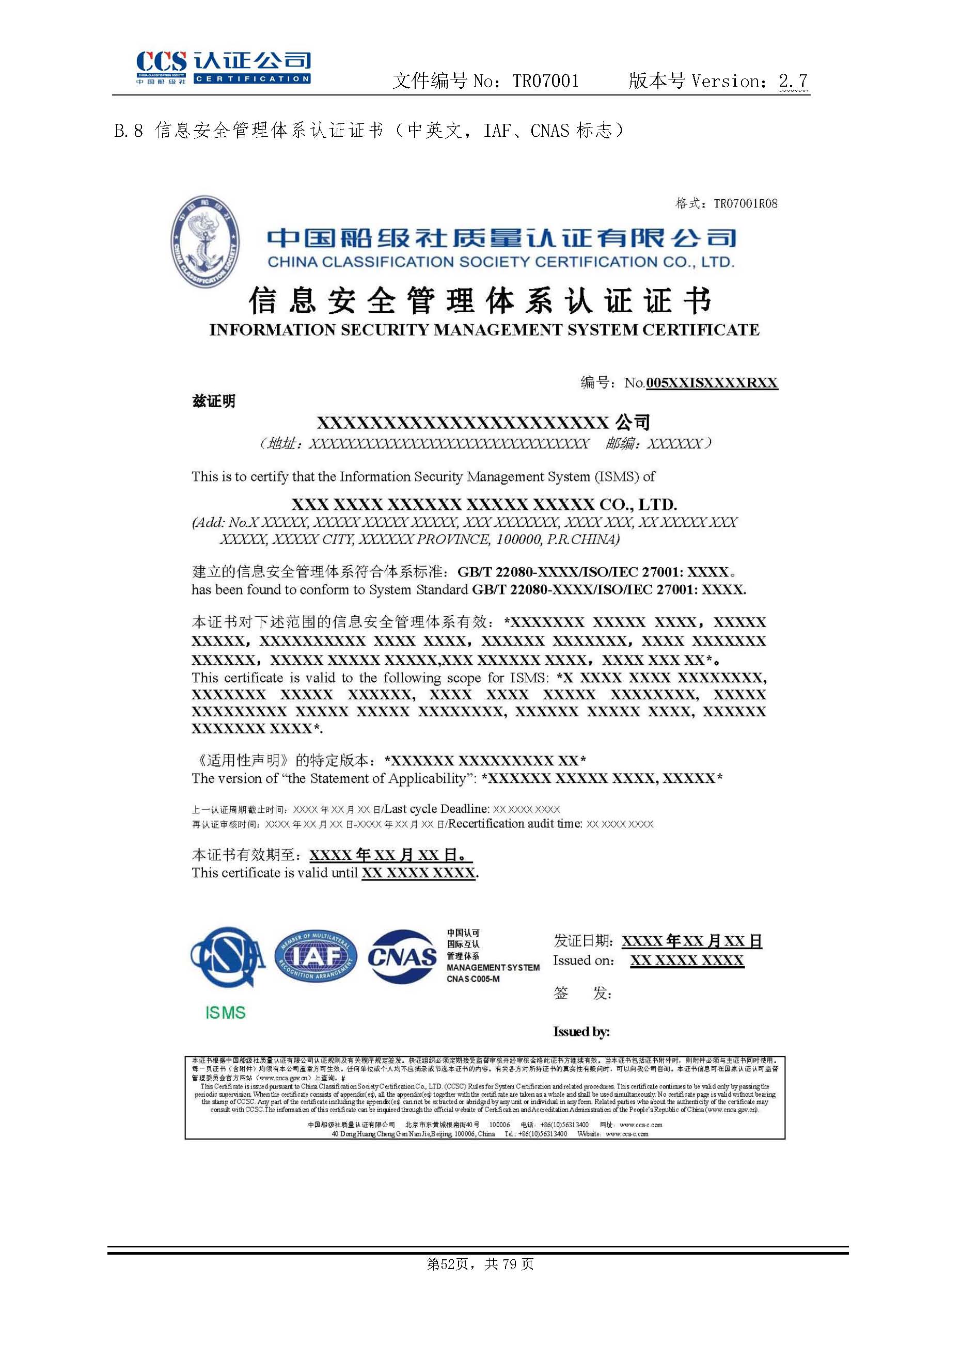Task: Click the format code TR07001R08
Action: tap(746, 204)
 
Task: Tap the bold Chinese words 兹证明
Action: tap(214, 402)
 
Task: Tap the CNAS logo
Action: tap(401, 957)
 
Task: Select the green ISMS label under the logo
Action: tap(225, 1013)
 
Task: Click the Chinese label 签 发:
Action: tap(582, 994)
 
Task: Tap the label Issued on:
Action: tap(584, 960)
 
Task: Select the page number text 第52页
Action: tap(448, 1264)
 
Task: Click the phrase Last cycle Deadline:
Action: tap(437, 809)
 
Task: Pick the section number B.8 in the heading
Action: tap(129, 130)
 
